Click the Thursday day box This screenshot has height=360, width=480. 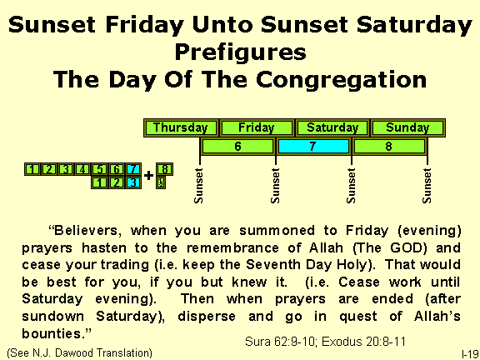tap(182, 128)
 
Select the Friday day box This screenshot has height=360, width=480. tap(256, 128)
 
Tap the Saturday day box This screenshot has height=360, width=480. tap(332, 128)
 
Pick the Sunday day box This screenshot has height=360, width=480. tap(407, 128)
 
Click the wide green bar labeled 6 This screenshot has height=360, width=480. tap(237, 146)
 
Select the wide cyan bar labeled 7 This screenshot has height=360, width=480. tap(312, 146)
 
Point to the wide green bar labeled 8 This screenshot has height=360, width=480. tap(389, 146)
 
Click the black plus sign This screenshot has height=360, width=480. tap(148, 176)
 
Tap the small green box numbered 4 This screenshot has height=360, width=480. tap(82, 169)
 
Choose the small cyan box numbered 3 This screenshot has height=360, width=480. tap(133, 182)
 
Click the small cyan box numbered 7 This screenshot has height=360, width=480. tap(133, 169)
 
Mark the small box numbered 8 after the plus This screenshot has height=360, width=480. tap(165, 169)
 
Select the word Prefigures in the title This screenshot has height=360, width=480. tap(240, 53)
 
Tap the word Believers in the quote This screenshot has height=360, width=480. tap(90, 227)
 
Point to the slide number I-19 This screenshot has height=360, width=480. tap(467, 353)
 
